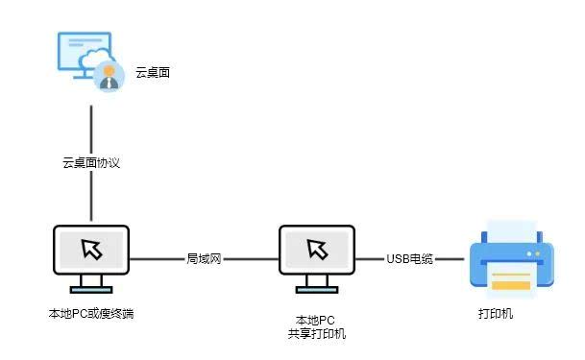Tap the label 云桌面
coord(153,72)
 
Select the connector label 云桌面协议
coord(91,162)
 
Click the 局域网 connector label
coord(204,259)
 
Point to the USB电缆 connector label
coord(410,259)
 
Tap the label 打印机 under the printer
coord(496,313)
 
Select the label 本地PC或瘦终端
coord(91,313)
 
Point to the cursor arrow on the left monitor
coord(92,250)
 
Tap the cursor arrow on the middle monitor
coord(317,250)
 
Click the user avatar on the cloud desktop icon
coord(110,78)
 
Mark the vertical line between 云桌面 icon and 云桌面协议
coord(91,125)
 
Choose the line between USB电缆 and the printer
coord(451,259)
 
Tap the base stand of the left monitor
coord(91,288)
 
